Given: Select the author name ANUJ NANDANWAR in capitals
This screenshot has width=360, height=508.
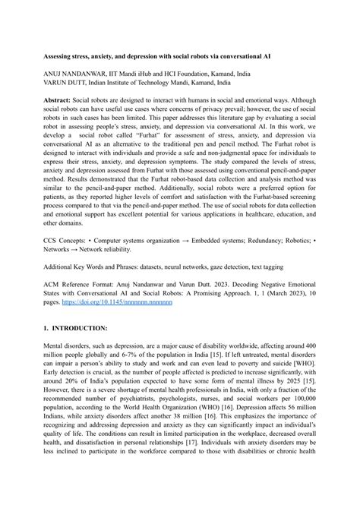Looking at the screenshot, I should click(78, 74).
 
